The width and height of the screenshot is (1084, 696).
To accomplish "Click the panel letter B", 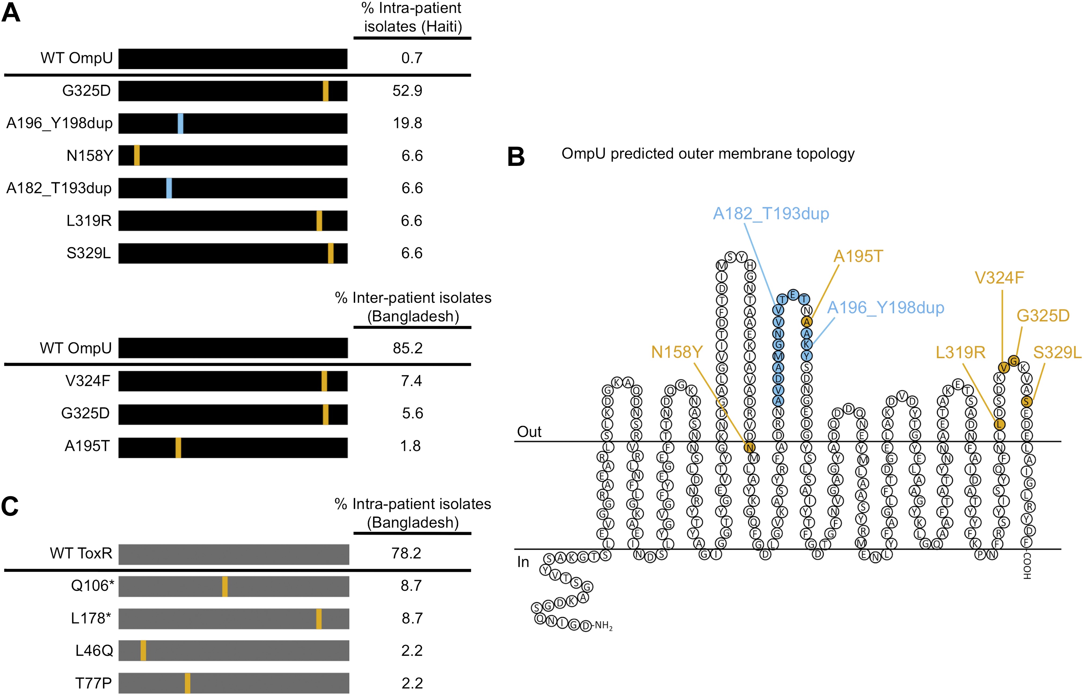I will (516, 156).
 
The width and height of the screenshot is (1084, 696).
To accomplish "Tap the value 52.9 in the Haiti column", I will (407, 91).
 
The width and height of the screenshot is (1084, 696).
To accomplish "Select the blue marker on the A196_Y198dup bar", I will (180, 123).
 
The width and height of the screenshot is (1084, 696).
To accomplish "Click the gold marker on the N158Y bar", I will (137, 155).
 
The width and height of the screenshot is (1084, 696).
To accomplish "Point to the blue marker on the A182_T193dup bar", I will (169, 188).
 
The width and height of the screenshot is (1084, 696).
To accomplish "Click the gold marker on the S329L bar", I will (331, 253).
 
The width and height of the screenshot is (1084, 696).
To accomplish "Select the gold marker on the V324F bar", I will (324, 381).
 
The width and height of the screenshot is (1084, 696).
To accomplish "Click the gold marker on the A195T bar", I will (178, 447).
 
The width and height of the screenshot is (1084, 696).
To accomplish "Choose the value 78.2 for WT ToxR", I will (406, 553).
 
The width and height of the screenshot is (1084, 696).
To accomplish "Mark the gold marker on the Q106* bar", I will (225, 586).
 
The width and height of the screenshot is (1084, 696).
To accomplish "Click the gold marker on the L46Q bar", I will (143, 650).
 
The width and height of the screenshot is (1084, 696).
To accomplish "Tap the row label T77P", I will (94, 683).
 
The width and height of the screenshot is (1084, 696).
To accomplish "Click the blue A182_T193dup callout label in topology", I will (771, 214).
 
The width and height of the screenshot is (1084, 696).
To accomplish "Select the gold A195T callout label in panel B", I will (858, 256).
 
